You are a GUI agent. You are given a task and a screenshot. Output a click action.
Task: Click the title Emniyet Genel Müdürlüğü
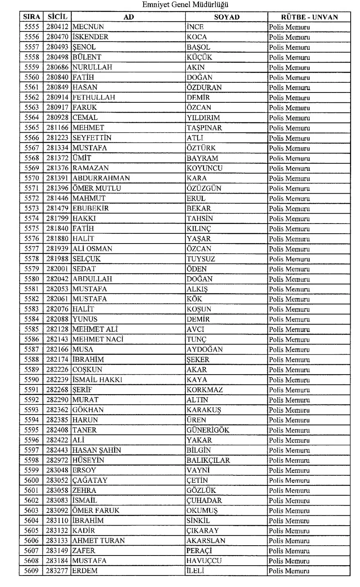[180, 5]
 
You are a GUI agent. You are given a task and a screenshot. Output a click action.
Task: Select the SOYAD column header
[227, 17]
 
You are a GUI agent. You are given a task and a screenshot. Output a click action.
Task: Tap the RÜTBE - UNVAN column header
[309, 17]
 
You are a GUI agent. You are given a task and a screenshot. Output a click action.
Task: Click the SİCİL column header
[57, 17]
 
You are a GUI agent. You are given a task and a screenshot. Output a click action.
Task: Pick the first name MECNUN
[88, 27]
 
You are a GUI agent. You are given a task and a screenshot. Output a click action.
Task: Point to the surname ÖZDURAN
[204, 87]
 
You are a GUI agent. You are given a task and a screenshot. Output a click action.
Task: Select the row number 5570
[32, 178]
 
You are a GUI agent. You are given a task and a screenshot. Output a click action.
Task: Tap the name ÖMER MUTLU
[97, 188]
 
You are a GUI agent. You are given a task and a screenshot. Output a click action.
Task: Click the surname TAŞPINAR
[204, 128]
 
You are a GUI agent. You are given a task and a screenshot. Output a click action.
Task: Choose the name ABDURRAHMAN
[101, 178]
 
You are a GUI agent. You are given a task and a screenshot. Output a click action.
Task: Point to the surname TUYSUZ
[201, 259]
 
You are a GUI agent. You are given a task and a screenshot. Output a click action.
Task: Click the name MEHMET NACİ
[98, 339]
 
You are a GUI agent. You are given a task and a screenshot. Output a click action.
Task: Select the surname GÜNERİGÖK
[208, 430]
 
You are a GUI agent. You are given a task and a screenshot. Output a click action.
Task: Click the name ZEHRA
[85, 490]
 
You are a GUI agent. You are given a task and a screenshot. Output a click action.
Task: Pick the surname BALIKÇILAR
[208, 460]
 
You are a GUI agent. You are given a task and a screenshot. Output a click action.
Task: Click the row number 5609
[32, 571]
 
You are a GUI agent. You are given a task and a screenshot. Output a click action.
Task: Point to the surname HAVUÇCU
[204, 561]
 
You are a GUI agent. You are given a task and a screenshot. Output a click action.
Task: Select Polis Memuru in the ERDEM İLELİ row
[289, 571]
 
